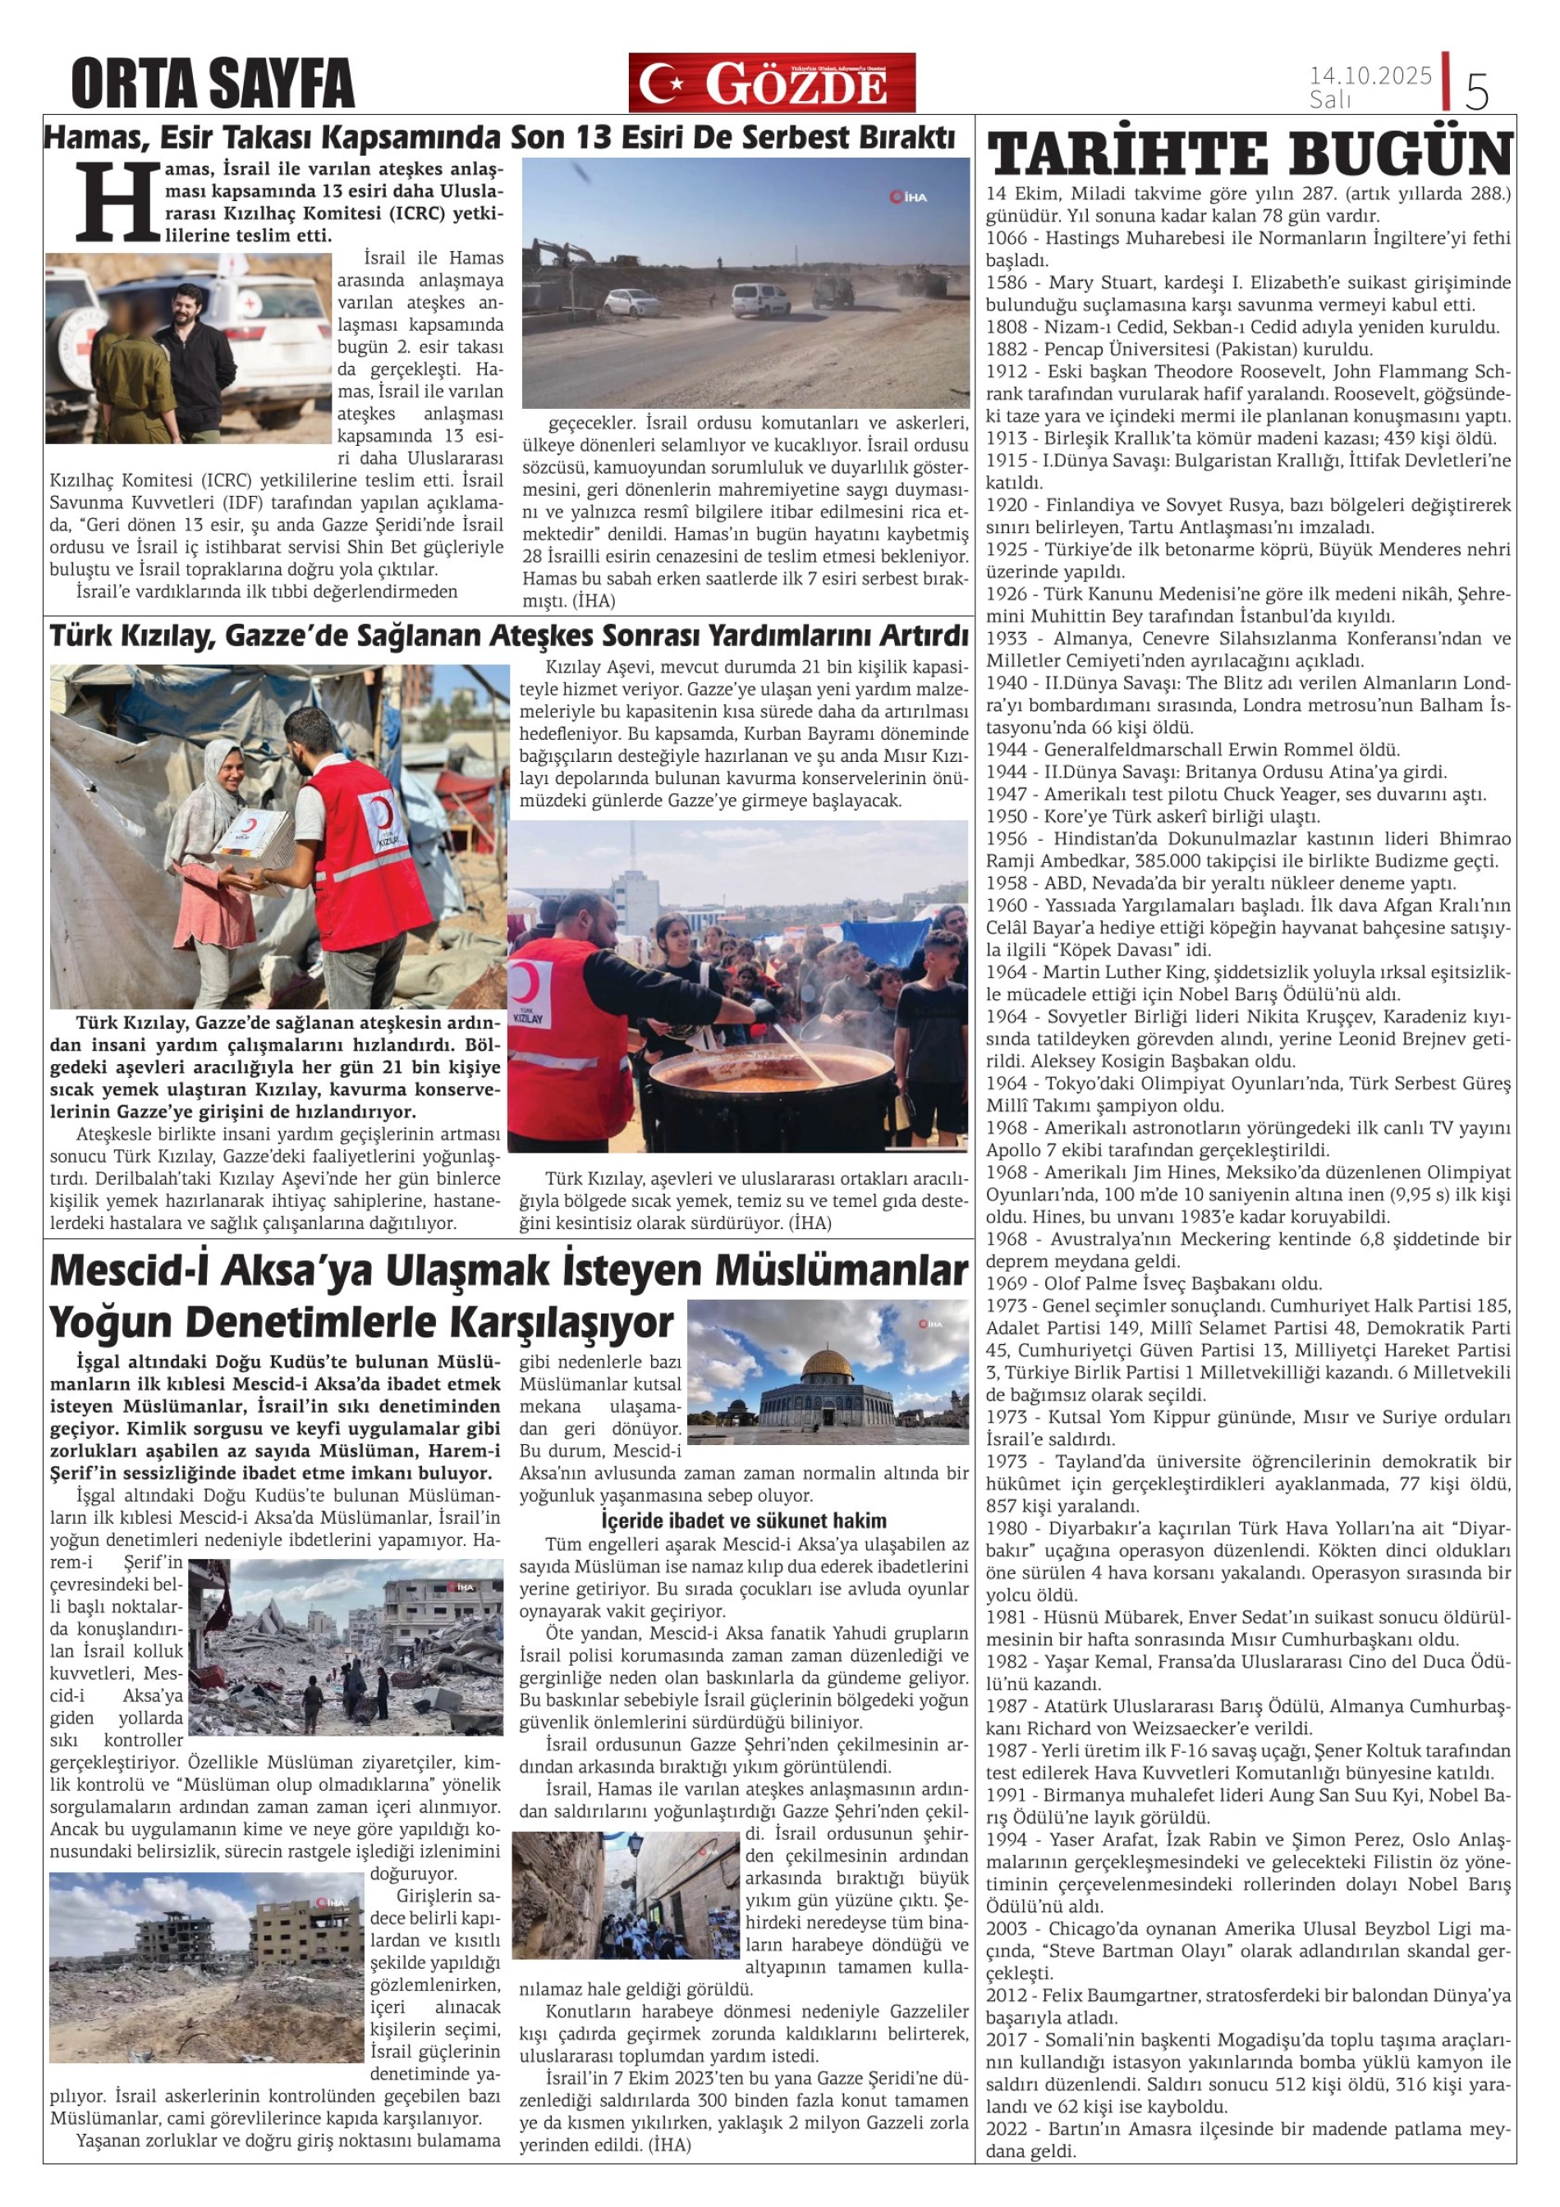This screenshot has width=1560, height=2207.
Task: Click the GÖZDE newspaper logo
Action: pyautogui.click(x=772, y=84)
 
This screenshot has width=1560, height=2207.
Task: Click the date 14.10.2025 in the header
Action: pyautogui.click(x=1370, y=75)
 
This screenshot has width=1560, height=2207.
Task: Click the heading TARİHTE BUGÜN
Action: pyautogui.click(x=1250, y=154)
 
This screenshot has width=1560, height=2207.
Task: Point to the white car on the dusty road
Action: pyautogui.click(x=631, y=302)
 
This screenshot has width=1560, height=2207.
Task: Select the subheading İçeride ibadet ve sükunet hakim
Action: pyautogui.click(x=743, y=1521)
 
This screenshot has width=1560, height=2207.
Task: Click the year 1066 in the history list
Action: pyautogui.click(x=1007, y=238)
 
